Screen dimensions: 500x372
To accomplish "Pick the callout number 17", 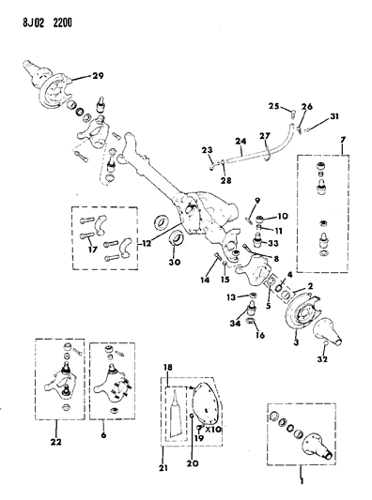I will [92, 250].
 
